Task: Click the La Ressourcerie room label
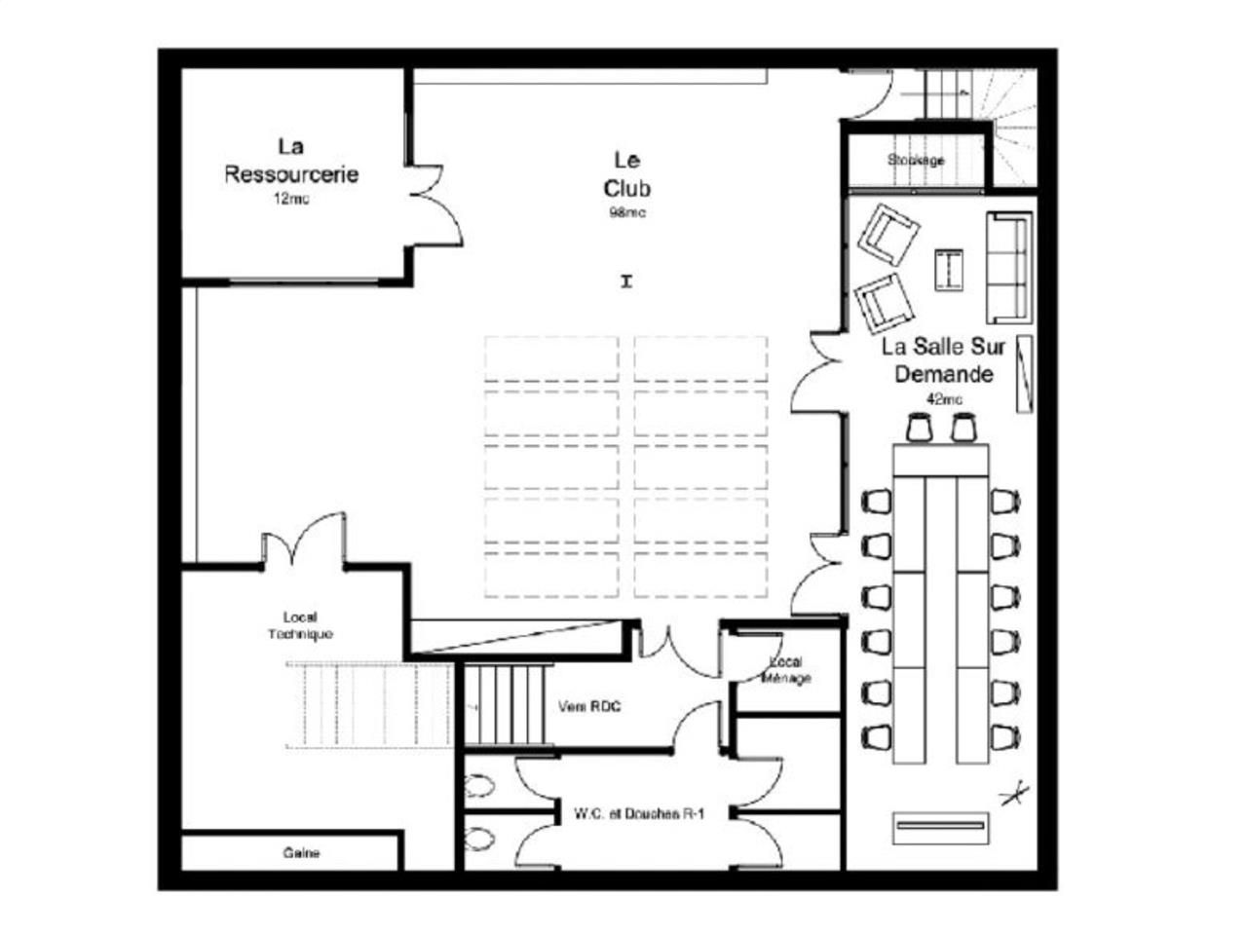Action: pyautogui.click(x=291, y=161)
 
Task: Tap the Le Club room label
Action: pyautogui.click(x=626, y=173)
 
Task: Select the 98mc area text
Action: pyautogui.click(x=626, y=212)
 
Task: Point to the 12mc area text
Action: pyautogui.click(x=291, y=199)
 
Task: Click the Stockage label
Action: pyautogui.click(x=916, y=160)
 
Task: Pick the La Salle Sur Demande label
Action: pyautogui.click(x=943, y=359)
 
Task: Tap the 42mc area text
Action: pyautogui.click(x=943, y=398)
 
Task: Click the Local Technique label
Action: pyautogui.click(x=300, y=625)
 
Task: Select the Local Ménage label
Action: pyautogui.click(x=785, y=670)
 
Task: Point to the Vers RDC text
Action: pyautogui.click(x=589, y=706)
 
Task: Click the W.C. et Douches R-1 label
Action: pyautogui.click(x=625, y=814)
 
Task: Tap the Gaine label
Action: pyautogui.click(x=301, y=852)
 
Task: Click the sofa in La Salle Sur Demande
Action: pyautogui.click(x=1009, y=267)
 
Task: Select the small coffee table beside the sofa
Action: pyautogui.click(x=949, y=270)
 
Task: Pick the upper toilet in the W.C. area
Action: pyautogui.click(x=479, y=786)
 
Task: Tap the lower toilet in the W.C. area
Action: pyautogui.click(x=479, y=838)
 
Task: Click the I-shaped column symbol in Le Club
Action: pyautogui.click(x=626, y=281)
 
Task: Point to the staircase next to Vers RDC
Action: pyautogui.click(x=503, y=705)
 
